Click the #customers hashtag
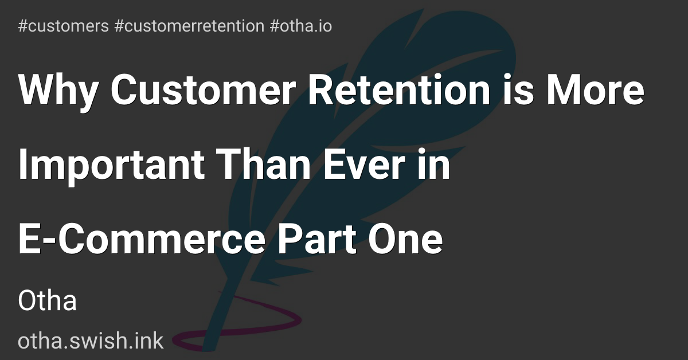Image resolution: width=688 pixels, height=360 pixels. (63, 26)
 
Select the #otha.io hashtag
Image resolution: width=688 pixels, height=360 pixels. (300, 26)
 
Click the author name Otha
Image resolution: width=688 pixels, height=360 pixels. (48, 301)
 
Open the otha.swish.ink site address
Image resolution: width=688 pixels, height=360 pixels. (91, 342)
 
